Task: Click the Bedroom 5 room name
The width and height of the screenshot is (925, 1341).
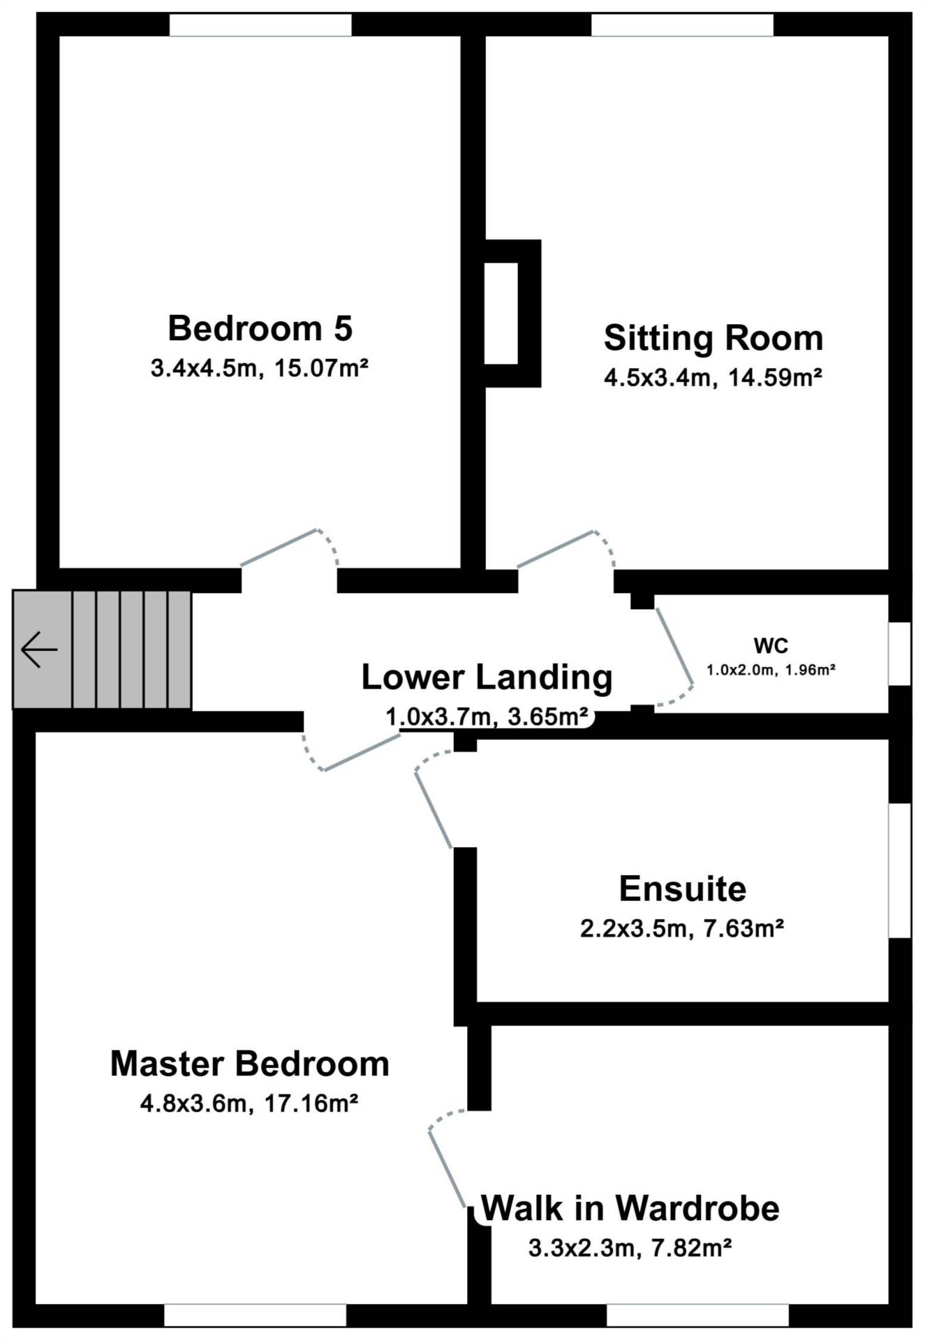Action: coord(260,328)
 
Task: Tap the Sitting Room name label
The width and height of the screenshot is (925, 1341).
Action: coord(713,338)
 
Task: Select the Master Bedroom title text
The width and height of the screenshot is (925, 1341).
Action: coord(250,1064)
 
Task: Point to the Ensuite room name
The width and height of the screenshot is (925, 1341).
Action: coord(683,889)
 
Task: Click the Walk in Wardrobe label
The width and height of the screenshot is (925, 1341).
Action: coord(630,1208)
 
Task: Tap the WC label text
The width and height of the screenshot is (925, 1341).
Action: coord(771,645)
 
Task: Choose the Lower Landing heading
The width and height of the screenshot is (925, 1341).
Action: coord(487,677)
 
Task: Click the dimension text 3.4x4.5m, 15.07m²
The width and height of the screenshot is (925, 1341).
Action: coord(260,367)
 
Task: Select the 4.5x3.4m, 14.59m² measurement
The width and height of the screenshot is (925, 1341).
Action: coord(713,378)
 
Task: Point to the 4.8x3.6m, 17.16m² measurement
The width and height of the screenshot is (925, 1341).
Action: coord(249,1104)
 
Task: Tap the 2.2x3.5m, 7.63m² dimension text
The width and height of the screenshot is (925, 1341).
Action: coord(682,929)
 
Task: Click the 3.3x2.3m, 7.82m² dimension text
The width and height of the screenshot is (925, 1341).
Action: coord(630,1247)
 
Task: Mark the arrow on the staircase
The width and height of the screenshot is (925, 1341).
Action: coord(39,650)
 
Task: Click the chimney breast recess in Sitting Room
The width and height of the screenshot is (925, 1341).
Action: coord(501,313)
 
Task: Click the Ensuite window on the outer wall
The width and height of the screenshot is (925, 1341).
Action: coord(900,870)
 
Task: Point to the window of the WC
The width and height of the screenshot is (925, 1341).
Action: coord(900,654)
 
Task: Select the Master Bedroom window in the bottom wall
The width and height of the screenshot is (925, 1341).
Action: coord(256,1315)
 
